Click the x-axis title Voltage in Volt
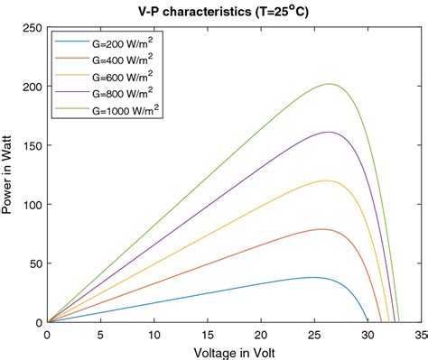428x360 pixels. click(233, 352)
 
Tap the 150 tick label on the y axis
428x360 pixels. click(32, 145)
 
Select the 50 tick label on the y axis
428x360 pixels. click(34, 263)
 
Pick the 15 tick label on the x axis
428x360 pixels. click(207, 333)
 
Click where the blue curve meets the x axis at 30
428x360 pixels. click(368, 321)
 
